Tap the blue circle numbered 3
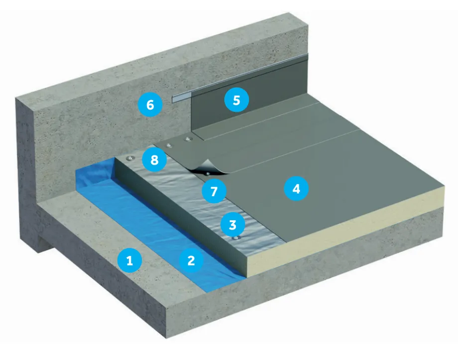pos(231,224)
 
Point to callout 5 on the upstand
pos(236,100)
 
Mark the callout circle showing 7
pos(214,191)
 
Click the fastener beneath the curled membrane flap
pos(207,173)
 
